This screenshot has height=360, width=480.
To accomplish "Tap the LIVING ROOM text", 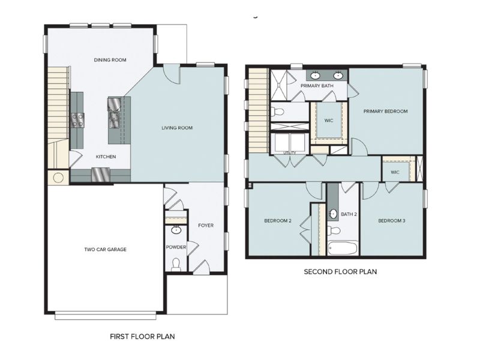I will click(x=176, y=128).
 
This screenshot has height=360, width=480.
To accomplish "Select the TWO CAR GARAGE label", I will click(x=105, y=249).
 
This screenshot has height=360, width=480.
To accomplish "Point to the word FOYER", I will click(x=206, y=226).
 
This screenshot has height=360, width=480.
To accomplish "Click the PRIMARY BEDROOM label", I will click(x=385, y=112).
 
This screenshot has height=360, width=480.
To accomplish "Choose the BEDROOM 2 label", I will click(x=278, y=221).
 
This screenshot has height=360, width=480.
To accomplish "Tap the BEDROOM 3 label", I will click(x=391, y=221).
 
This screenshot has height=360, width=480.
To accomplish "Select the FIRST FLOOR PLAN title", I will click(x=142, y=337).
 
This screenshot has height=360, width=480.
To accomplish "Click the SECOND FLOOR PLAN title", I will click(x=340, y=272).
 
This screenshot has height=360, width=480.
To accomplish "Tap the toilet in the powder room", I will click(x=176, y=263).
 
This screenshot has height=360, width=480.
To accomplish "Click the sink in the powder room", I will click(x=176, y=230).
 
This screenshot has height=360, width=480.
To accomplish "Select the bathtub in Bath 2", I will click(x=343, y=248).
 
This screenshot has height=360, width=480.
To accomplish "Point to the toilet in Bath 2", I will click(x=334, y=230).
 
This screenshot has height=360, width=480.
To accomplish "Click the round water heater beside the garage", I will click(x=58, y=178).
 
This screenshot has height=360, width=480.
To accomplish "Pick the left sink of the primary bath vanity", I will click(x=316, y=76).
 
